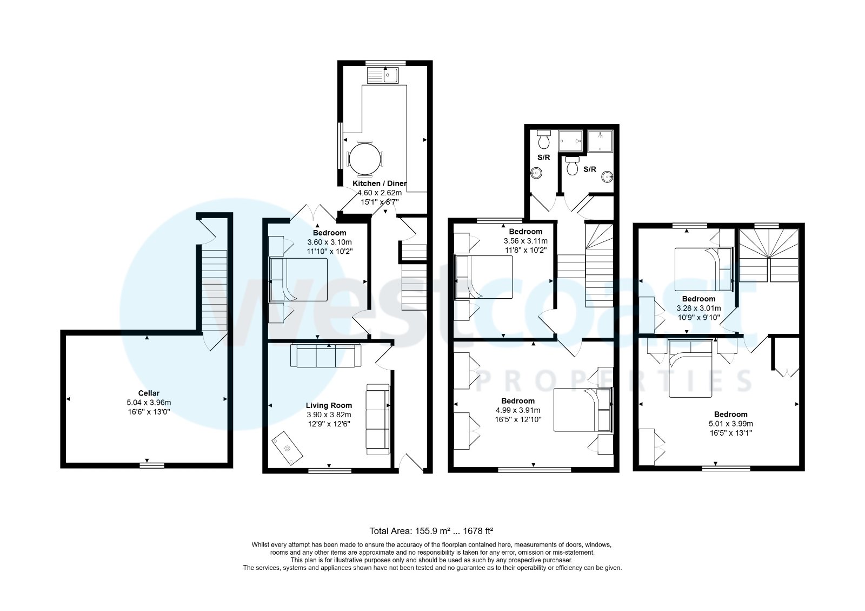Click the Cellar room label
(148, 393)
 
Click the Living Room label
(329, 405)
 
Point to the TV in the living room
(287, 448)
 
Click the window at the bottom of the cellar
(152, 464)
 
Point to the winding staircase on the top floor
(768, 254)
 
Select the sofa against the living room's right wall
(377, 419)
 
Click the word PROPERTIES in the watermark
(614, 382)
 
